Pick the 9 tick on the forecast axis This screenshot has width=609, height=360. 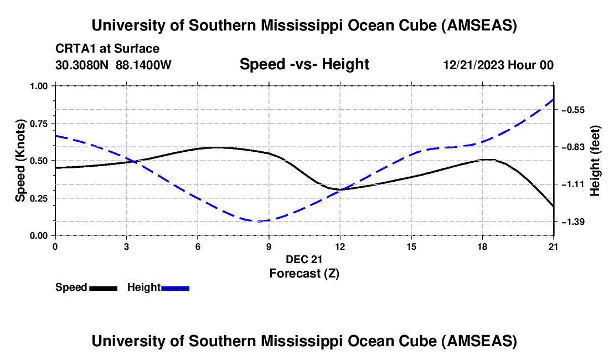[x=269, y=246]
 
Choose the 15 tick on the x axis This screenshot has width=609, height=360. [x=411, y=246]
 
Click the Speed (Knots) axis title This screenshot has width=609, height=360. [x=20, y=161]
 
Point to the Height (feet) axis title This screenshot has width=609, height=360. [x=595, y=161]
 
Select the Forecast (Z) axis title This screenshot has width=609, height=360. [x=304, y=273]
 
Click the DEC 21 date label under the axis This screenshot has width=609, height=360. [x=304, y=259]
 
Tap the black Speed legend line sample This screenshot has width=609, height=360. [x=103, y=288]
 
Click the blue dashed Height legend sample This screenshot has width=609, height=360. [x=176, y=288]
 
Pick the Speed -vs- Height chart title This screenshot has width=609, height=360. [x=304, y=64]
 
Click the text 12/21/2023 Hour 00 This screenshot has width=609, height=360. [x=498, y=65]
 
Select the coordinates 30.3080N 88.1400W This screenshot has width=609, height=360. [x=113, y=65]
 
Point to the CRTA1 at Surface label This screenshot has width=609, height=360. [x=107, y=49]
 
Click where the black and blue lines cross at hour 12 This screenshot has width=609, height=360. [x=340, y=189]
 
